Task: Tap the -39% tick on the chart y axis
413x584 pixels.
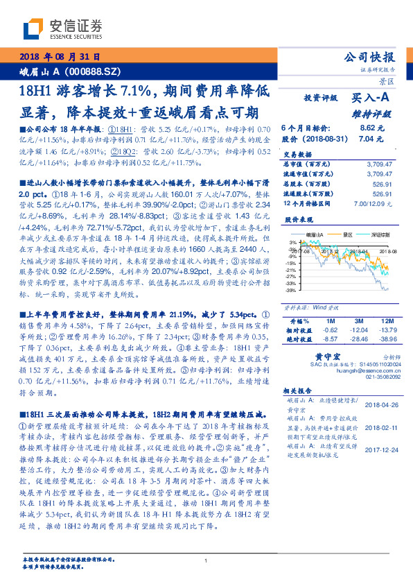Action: tap(292, 291)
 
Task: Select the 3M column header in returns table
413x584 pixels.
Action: tap(358, 321)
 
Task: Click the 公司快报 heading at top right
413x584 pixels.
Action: tap(378, 58)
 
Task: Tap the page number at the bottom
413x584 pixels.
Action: tap(206, 560)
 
